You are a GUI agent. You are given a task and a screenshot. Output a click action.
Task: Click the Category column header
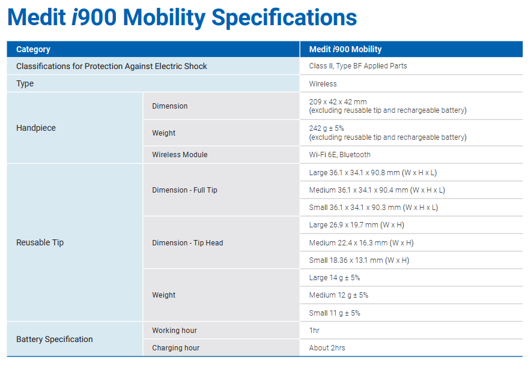[33, 49]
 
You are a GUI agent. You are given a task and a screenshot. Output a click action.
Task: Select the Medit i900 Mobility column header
[345, 49]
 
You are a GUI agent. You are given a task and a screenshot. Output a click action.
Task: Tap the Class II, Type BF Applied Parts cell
[358, 66]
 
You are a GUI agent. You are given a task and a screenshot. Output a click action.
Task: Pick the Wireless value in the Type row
[323, 84]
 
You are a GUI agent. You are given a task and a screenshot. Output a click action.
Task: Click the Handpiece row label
[36, 128]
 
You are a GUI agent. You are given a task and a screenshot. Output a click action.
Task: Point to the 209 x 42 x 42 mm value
[338, 102]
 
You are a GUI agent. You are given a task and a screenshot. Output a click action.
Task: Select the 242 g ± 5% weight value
[327, 128]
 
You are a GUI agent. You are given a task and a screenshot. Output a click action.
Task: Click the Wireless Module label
[180, 155]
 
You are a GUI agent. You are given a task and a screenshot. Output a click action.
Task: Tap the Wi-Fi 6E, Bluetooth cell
[340, 155]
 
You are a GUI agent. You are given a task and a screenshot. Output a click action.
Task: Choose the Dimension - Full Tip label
[184, 190]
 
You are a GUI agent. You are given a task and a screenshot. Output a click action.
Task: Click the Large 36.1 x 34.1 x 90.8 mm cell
[373, 173]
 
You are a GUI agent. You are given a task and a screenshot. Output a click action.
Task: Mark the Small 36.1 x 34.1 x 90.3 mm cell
[374, 208]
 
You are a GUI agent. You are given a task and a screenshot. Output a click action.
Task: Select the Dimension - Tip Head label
[187, 243]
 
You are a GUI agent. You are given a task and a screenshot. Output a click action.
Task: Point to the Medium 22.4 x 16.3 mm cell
[361, 243]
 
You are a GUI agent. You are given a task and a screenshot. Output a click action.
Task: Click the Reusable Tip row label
[40, 242]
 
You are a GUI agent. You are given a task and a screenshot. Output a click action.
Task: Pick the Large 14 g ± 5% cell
[335, 278]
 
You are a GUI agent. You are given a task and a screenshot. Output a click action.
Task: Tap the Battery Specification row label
[55, 339]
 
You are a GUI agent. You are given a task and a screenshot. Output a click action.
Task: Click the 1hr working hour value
[315, 331]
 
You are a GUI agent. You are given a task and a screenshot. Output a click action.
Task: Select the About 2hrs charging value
[327, 348]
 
